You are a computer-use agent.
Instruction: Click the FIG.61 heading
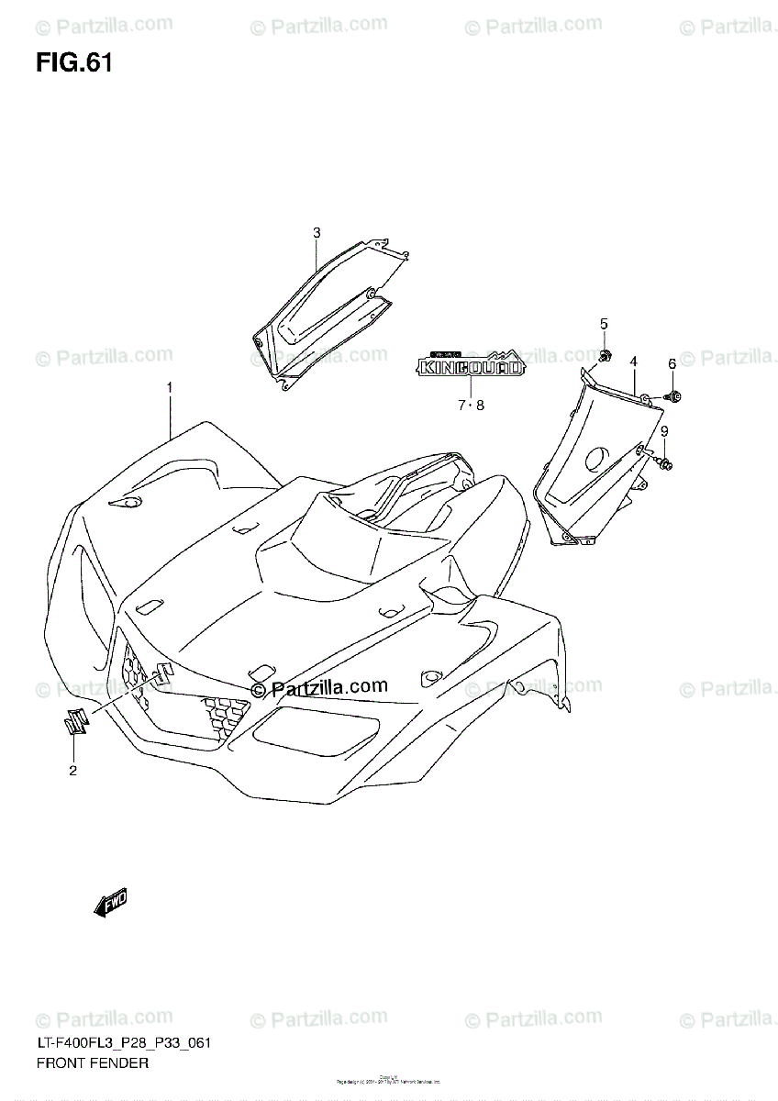[x=74, y=63]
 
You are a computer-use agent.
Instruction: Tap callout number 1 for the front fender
[x=170, y=389]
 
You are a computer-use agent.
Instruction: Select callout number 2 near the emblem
[x=72, y=770]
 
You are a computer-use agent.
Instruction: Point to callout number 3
[x=317, y=233]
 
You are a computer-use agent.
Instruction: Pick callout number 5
[x=605, y=323]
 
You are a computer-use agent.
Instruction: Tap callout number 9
[x=664, y=431]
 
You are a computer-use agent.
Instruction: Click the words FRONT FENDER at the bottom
[x=91, y=1063]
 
